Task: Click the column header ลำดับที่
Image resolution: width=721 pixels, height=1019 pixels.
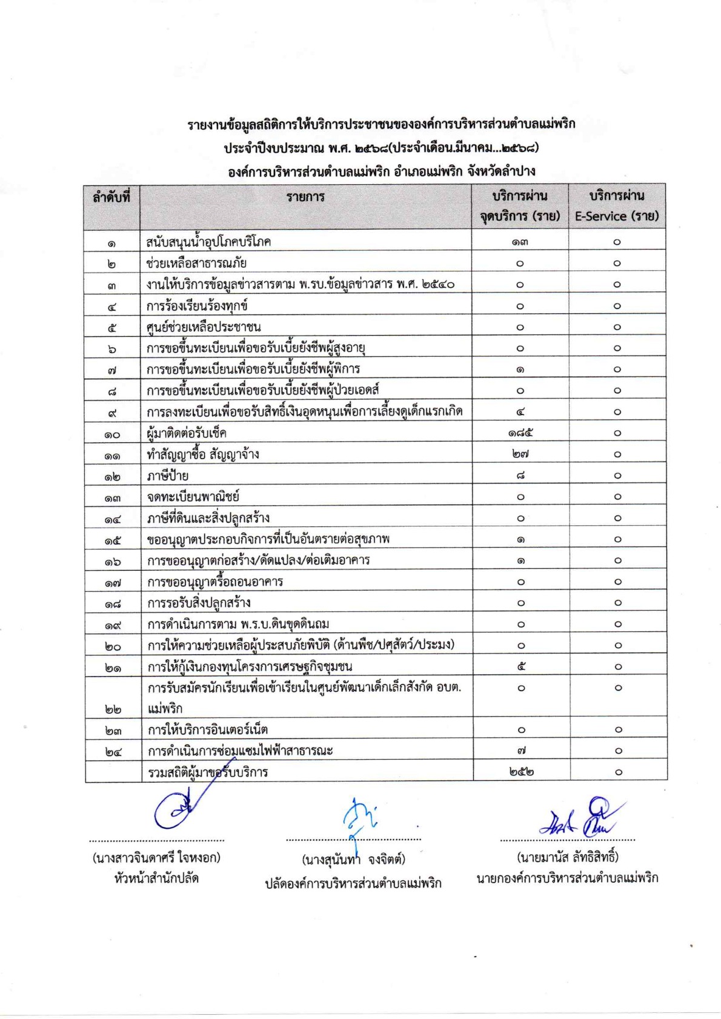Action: coord(111,197)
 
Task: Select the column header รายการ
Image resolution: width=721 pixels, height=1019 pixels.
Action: coord(305,197)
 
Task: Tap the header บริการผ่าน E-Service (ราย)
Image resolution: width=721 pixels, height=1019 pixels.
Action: coord(616,206)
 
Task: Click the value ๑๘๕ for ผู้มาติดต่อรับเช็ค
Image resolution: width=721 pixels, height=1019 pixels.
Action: coord(520,433)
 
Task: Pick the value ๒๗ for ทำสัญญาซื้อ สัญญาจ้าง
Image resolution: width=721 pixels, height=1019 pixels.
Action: coord(520,454)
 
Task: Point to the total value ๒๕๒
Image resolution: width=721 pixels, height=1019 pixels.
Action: coord(520,772)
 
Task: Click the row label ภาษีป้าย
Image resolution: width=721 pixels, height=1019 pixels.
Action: coord(167,476)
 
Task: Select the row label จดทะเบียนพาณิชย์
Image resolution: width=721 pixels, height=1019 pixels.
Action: coord(193,497)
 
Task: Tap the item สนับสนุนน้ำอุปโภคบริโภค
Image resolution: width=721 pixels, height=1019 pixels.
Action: coord(208,242)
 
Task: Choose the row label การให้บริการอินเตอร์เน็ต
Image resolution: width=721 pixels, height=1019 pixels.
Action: coord(208,729)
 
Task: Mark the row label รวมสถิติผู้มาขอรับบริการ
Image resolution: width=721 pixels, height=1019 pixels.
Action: coord(208,772)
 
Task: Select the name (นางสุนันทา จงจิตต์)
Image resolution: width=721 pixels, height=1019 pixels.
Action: coord(353,859)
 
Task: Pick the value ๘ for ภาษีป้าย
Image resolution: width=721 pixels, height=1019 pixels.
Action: coord(520,476)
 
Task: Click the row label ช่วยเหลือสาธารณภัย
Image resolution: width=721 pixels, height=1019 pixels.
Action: coord(196,263)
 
